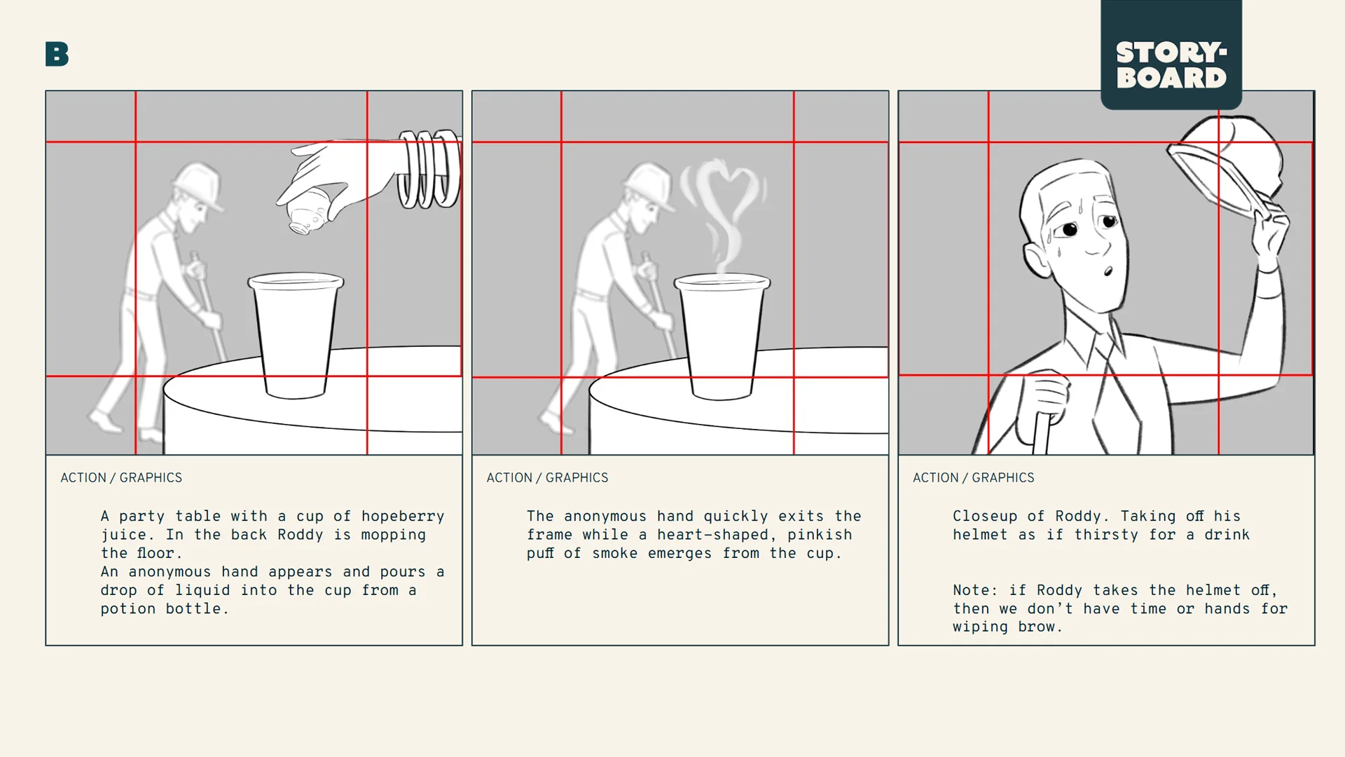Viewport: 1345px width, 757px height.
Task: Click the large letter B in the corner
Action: pyautogui.click(x=57, y=54)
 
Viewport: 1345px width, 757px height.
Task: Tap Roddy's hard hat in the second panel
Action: pyautogui.click(x=649, y=183)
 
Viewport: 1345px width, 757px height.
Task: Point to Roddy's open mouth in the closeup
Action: pyautogui.click(x=1108, y=271)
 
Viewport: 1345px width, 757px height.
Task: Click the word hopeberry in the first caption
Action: pyautogui.click(x=403, y=517)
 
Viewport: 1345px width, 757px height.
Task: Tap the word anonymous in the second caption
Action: pyautogui.click(x=605, y=517)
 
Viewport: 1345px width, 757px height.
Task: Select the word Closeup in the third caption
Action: pyautogui.click(x=984, y=517)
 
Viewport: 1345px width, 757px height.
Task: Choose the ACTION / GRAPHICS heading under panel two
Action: pyautogui.click(x=547, y=477)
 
